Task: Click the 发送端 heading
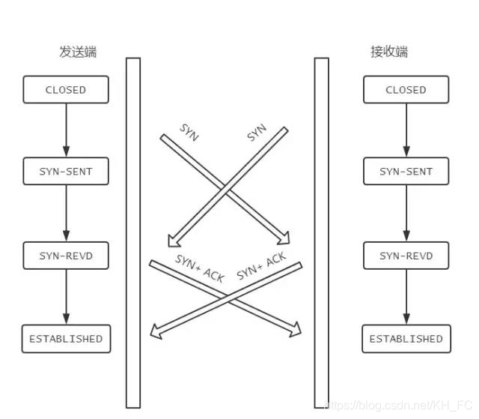click(78, 52)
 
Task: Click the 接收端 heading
click(389, 52)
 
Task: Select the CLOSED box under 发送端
click(66, 90)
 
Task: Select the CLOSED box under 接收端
click(406, 90)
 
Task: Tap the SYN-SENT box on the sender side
click(66, 172)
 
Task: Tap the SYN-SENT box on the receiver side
click(406, 172)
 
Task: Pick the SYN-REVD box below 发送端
click(66, 256)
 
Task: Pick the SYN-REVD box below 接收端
click(406, 256)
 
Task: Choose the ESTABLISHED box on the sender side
click(66, 339)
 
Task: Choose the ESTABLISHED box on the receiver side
click(406, 339)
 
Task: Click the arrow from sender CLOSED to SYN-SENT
click(66, 130)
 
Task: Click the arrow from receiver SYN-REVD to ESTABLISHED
click(406, 298)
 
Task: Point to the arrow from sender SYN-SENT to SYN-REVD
click(66, 214)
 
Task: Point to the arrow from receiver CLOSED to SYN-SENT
click(406, 130)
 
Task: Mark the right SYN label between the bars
click(257, 133)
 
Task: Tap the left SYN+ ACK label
click(200, 268)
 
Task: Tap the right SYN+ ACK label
click(261, 267)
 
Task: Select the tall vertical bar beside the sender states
click(133, 232)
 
